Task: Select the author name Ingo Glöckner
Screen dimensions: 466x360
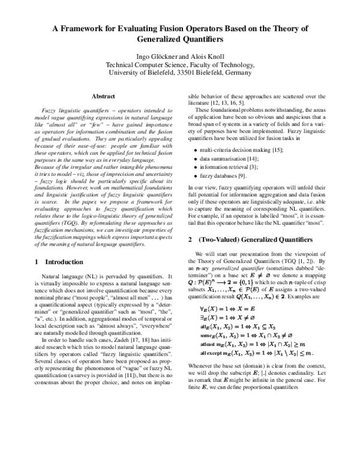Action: coord(151,56)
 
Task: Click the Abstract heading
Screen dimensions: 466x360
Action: coord(103,96)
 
